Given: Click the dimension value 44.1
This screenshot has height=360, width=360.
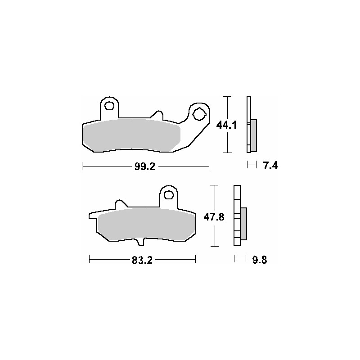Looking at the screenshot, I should pos(226,125).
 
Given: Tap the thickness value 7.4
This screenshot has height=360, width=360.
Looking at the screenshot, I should pos(270,166).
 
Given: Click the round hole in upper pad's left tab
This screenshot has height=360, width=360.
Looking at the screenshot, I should pos(108,106).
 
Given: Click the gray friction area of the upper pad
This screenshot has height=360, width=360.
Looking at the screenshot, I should pos(130,135).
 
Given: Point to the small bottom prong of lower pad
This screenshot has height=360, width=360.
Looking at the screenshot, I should pos(140,243).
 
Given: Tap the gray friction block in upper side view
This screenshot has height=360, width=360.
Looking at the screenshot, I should pos(253,135).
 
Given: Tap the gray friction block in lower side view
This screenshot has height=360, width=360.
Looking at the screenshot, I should pos(244,224).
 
